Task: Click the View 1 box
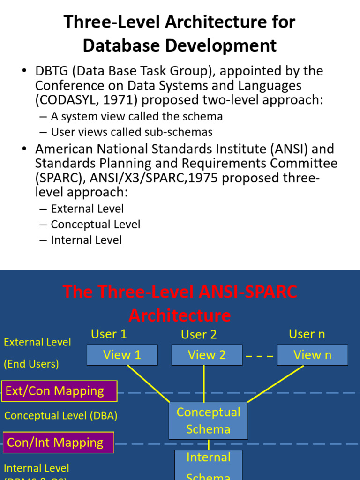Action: pos(122,355)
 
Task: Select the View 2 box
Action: pos(207,355)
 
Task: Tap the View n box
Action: pos(312,355)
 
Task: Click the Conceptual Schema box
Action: pos(208,420)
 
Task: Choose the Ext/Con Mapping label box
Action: pos(59,391)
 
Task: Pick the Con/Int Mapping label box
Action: pos(59,442)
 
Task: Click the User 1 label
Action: pos(109,334)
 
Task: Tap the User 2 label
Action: pos(199,335)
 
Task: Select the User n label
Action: pos(307,334)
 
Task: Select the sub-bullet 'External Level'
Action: pos(87,209)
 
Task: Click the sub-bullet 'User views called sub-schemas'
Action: pos(131,132)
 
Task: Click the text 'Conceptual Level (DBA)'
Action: pos(60,416)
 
